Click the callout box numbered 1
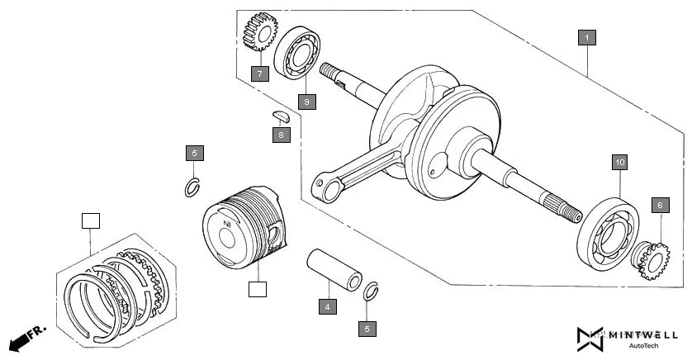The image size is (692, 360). [585, 37]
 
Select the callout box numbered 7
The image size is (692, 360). [259, 73]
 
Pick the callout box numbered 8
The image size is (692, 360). [281, 135]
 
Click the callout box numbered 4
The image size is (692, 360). [328, 307]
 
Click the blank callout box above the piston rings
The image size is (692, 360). [90, 220]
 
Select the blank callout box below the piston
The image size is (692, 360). [258, 289]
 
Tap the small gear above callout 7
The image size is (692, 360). [259, 34]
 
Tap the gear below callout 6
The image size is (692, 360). [650, 259]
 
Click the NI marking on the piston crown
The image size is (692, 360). [226, 225]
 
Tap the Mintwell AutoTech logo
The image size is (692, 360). [627, 339]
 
